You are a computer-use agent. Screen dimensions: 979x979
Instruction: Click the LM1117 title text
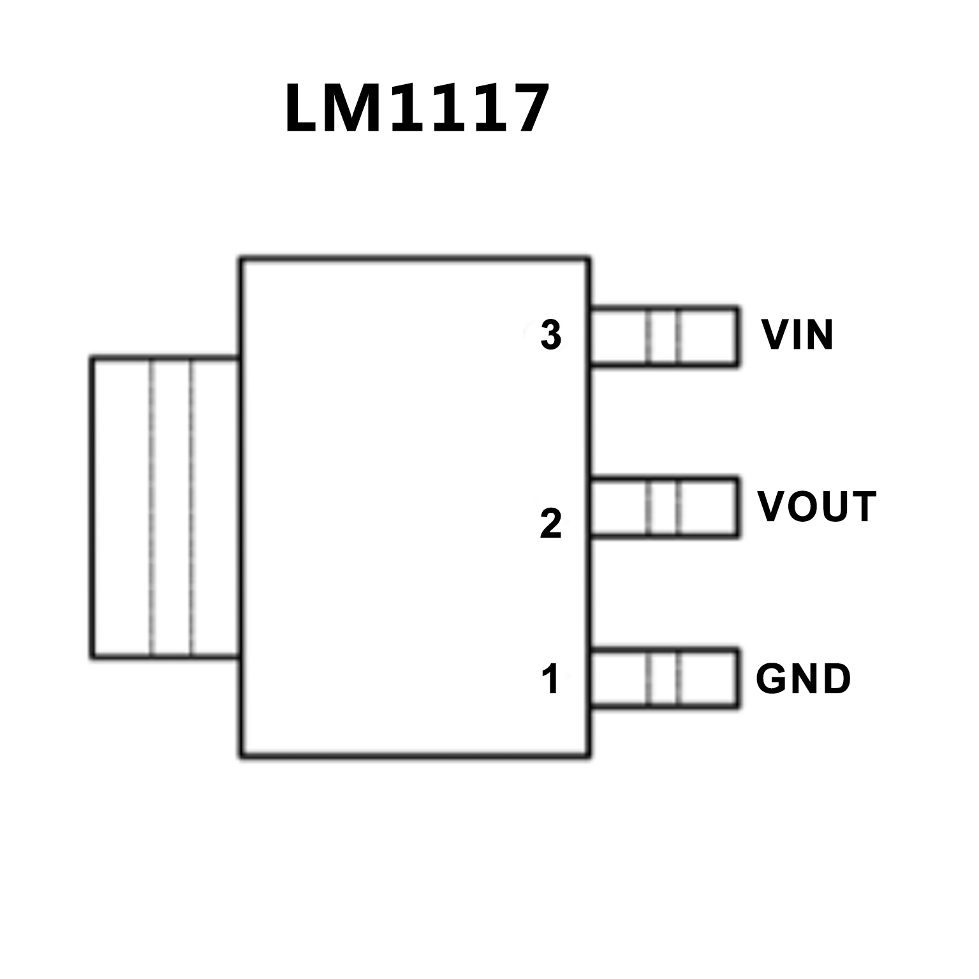[x=416, y=108]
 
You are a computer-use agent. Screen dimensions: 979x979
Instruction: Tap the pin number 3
[x=550, y=335]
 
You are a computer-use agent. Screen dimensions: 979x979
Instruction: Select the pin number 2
[x=550, y=524]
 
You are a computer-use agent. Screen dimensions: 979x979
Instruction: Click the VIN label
[x=797, y=335]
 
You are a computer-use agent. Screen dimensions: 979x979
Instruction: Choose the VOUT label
[x=816, y=507]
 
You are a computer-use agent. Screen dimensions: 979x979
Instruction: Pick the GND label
[x=803, y=679]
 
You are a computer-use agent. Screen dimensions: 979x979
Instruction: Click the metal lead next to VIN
[x=664, y=337]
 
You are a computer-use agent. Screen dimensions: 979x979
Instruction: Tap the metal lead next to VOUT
[x=664, y=507]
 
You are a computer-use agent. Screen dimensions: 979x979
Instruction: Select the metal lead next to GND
[x=664, y=677]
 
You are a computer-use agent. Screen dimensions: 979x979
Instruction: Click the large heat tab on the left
[x=165, y=507]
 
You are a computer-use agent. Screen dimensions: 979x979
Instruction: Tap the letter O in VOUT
[x=803, y=507]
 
